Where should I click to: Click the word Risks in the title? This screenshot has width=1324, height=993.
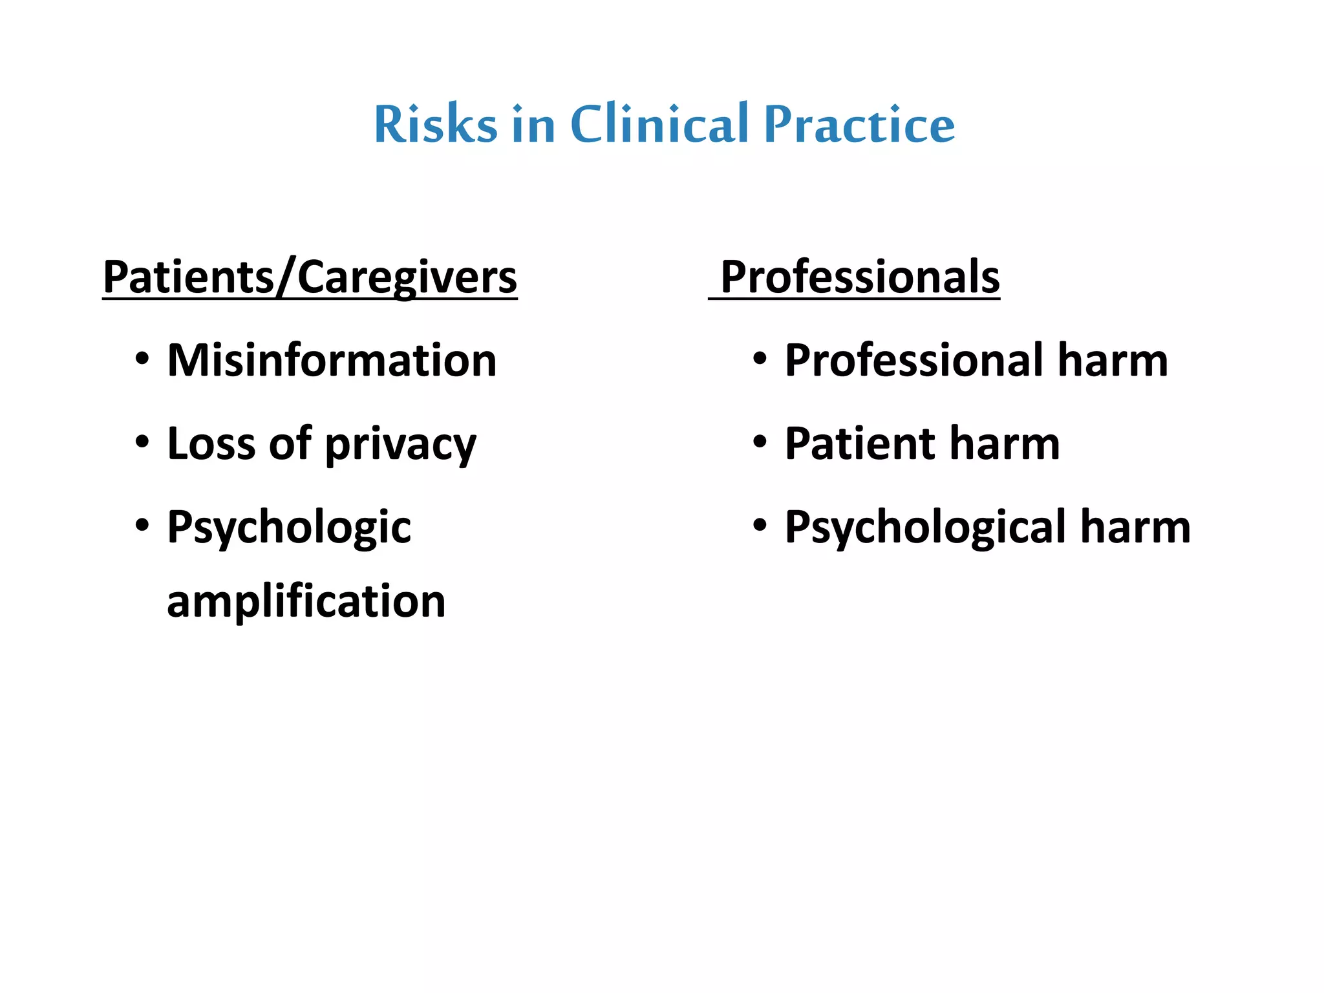point(435,124)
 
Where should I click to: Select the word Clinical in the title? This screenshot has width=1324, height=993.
point(659,124)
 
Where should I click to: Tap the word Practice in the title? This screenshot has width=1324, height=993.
point(859,124)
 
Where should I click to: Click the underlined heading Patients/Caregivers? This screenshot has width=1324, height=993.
point(310,277)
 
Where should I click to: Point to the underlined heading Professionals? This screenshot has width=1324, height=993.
point(860,277)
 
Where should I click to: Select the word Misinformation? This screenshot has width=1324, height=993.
point(332,360)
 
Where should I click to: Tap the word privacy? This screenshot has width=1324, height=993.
point(400,446)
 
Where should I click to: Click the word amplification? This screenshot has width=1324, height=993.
point(306,601)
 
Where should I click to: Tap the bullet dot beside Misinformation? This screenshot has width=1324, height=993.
point(142,359)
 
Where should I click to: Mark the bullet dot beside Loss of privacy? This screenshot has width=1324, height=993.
point(142,443)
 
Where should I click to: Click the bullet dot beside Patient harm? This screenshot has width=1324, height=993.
point(760,443)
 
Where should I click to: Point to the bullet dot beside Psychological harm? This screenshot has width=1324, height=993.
point(760,526)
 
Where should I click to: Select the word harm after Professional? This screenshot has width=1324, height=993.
point(1113,360)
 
